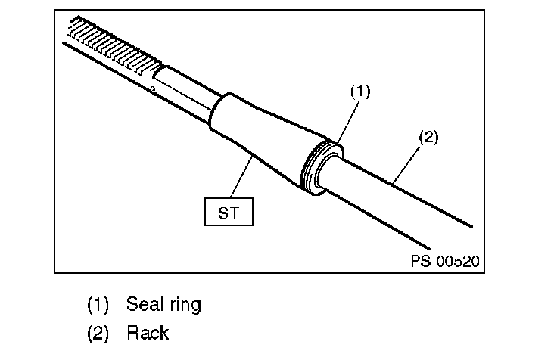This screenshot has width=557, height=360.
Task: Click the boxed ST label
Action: click(x=229, y=212)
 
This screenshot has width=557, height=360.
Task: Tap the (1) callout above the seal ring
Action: click(x=360, y=92)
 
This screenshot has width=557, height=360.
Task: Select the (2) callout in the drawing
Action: click(x=428, y=137)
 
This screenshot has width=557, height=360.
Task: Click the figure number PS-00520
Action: click(x=445, y=261)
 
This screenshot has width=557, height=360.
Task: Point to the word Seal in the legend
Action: click(x=142, y=304)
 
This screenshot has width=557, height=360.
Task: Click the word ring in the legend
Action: click(x=185, y=306)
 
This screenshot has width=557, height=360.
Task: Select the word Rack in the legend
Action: click(x=148, y=333)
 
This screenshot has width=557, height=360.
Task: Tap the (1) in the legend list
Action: click(x=98, y=305)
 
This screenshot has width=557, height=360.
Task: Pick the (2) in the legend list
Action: click(x=98, y=334)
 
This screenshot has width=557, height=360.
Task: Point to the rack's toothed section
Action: click(x=114, y=46)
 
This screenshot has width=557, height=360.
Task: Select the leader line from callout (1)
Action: click(x=348, y=121)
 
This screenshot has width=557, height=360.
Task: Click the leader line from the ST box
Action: click(x=241, y=177)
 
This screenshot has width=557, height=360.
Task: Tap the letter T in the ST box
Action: click(x=234, y=213)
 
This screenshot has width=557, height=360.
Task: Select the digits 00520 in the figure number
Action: click(x=458, y=261)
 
